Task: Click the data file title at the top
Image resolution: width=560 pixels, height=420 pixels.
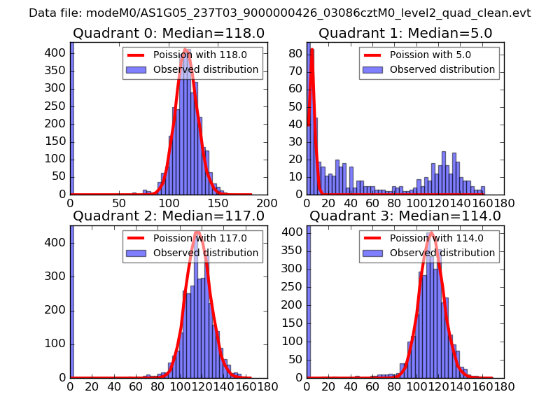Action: click(280, 13)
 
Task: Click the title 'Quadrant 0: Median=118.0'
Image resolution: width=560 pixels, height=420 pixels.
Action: click(169, 34)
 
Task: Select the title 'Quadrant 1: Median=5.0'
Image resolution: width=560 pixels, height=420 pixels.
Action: click(405, 34)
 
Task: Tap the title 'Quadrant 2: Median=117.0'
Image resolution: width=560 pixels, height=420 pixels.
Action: click(169, 216)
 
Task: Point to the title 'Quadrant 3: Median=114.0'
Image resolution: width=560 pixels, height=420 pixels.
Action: click(405, 216)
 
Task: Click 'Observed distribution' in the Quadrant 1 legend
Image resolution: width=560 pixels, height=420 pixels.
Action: click(442, 70)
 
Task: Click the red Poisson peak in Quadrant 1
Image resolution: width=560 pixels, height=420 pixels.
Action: click(311, 50)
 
